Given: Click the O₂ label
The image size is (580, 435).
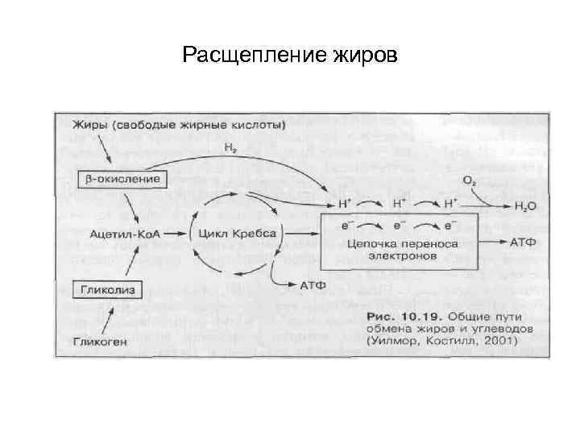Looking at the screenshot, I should coord(468,179).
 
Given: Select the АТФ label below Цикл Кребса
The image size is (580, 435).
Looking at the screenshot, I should coord(314,284).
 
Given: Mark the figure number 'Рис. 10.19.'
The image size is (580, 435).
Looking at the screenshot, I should coord(398,314).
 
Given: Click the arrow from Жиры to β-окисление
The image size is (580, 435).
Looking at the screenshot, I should coord(104,151).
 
